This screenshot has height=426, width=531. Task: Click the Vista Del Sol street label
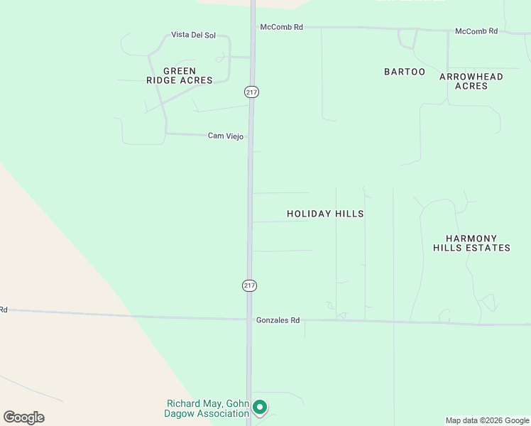(x=193, y=35)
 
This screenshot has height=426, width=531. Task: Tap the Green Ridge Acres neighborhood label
(x=179, y=76)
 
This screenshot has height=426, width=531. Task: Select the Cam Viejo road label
(x=226, y=136)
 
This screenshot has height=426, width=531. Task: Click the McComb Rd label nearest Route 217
(x=282, y=27)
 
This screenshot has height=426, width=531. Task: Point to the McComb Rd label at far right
(x=476, y=31)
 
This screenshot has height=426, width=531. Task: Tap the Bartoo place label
(x=405, y=72)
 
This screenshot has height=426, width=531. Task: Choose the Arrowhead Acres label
(x=471, y=81)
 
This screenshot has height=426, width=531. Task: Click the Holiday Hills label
(x=325, y=214)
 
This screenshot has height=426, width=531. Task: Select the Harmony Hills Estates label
(x=471, y=244)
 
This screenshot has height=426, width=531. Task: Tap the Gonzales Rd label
(x=278, y=320)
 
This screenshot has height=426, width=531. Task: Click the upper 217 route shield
(x=251, y=92)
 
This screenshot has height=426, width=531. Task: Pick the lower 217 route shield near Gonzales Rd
(x=249, y=285)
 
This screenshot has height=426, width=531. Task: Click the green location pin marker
(x=260, y=407)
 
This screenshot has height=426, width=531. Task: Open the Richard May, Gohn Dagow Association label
(x=203, y=408)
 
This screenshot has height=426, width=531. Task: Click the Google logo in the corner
(x=23, y=417)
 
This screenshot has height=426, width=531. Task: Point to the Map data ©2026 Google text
(x=487, y=420)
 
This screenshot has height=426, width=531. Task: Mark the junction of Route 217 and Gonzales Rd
(x=249, y=319)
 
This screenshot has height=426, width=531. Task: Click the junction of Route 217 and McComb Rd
(x=253, y=27)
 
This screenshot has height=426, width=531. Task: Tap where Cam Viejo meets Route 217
(x=251, y=136)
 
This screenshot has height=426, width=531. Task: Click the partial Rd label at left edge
(x=3, y=310)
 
